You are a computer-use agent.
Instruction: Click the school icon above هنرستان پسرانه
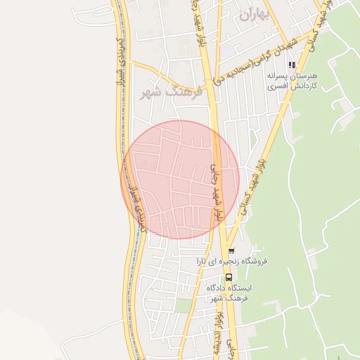coord(291,65)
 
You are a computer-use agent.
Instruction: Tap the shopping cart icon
coord(231,251)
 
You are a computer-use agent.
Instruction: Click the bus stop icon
coord(228,276)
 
